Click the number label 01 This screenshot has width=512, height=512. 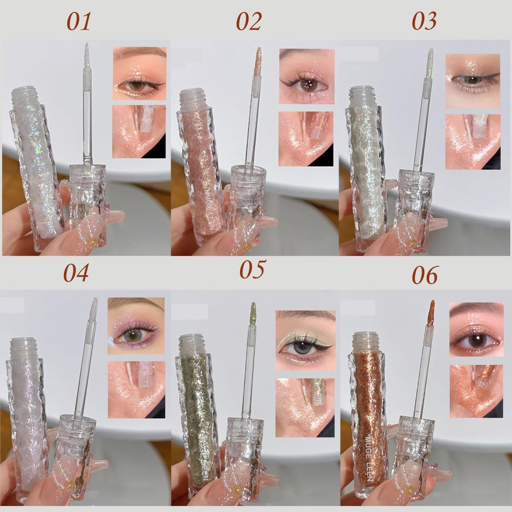79,22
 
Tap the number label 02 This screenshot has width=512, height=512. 249,22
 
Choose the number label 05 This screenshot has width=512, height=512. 252,270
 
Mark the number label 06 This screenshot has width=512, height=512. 425,276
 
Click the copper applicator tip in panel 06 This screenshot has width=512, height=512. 432,309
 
